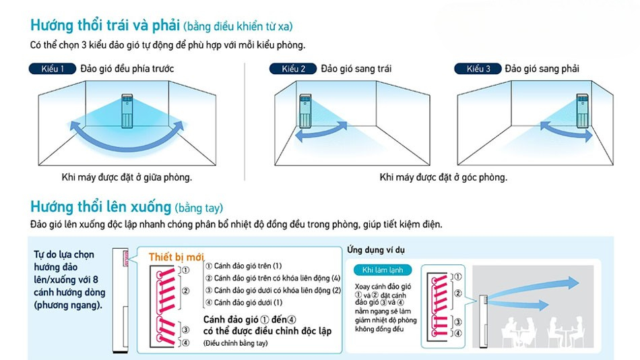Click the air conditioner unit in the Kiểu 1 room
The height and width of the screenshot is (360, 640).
tap(127, 111)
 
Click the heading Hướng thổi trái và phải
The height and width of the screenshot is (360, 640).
tap(104, 26)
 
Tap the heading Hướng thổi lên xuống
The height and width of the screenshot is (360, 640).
tap(100, 206)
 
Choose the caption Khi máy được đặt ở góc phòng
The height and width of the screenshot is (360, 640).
tap(443, 177)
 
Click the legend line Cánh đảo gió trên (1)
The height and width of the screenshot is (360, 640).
tap(244, 266)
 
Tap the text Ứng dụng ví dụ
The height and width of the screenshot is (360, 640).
tap(376, 250)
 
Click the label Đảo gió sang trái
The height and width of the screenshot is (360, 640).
tap(356, 69)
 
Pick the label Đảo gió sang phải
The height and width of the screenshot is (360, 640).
tap(542, 69)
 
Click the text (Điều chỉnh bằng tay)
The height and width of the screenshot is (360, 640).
tap(235, 343)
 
